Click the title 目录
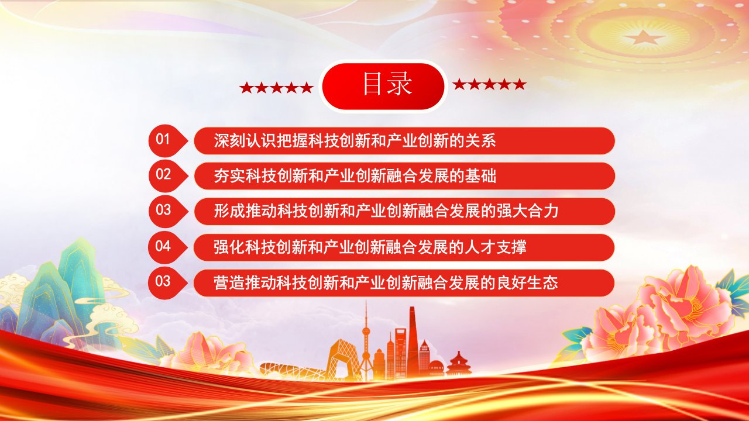(x=387, y=85)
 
